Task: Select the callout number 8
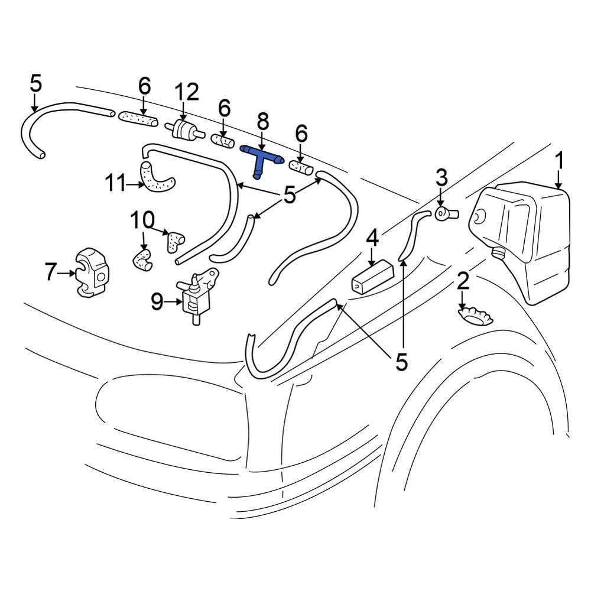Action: click(262, 122)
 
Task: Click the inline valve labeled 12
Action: click(183, 129)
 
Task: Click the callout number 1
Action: click(558, 161)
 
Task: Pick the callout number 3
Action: click(441, 177)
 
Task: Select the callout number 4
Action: click(372, 239)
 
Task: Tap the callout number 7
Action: click(51, 272)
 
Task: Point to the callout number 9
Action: click(157, 302)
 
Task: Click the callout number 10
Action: click(142, 220)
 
